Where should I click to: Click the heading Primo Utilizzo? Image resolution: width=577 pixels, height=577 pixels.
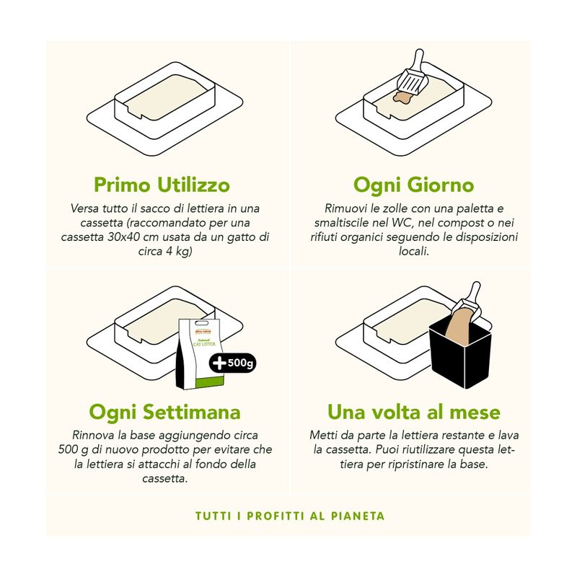[x=162, y=185]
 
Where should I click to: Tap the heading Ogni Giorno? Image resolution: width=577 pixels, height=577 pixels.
[x=413, y=185]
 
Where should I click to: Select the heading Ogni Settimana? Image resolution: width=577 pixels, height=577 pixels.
[x=164, y=412]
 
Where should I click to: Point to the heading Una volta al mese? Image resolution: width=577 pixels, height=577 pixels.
[x=413, y=412]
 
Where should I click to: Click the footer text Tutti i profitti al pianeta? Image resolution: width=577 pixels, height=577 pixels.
[x=290, y=516]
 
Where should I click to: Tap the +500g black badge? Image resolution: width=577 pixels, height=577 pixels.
[x=232, y=364]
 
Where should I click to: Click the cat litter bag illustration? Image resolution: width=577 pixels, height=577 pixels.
[x=201, y=354]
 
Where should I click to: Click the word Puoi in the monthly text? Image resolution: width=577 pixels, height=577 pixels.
[x=387, y=449]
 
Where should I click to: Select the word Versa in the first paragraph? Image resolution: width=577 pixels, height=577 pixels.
[x=84, y=208]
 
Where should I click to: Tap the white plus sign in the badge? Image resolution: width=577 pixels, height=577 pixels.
[x=219, y=364]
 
